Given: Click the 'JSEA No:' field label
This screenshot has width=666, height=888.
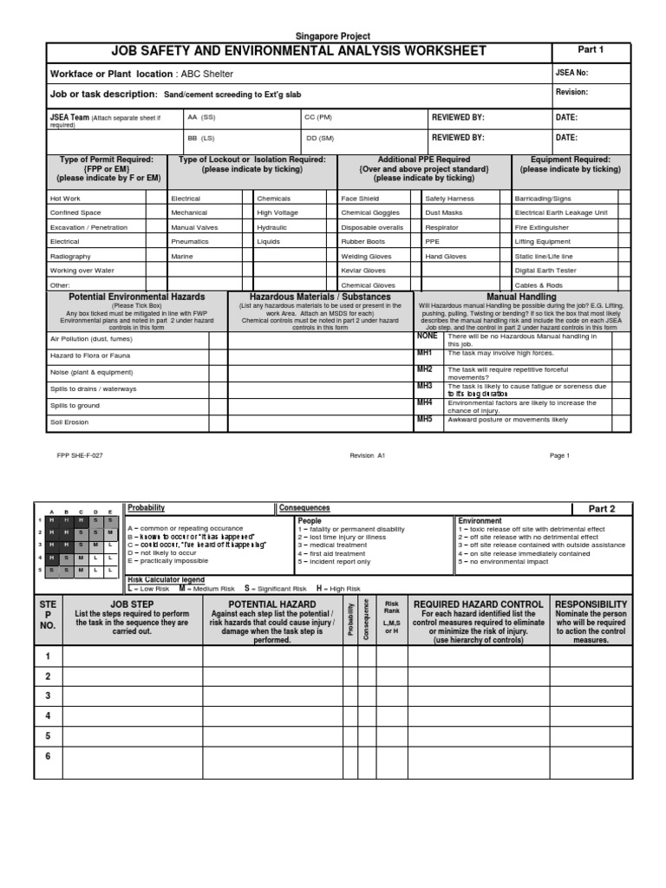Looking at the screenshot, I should point(571,73).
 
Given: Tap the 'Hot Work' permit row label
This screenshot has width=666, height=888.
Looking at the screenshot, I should point(66,199).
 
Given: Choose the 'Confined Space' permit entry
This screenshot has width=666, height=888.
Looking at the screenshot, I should point(75,212).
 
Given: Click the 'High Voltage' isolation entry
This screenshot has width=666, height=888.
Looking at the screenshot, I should point(277,212).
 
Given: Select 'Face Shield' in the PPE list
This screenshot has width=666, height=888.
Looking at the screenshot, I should point(360,199).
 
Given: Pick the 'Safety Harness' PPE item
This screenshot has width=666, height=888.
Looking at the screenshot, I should point(448,199).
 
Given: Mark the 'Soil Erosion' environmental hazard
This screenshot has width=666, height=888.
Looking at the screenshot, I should point(69,422).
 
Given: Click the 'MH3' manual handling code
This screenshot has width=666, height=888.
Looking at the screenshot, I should point(424,386).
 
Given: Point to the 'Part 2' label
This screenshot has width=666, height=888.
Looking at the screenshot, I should point(602,509).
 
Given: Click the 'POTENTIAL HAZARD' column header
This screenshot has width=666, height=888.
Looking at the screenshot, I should point(271,604).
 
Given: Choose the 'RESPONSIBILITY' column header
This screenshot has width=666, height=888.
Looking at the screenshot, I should point(591,604).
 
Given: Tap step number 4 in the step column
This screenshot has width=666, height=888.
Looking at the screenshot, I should point(49,716).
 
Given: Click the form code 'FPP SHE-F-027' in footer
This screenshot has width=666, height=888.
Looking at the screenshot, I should point(80,455).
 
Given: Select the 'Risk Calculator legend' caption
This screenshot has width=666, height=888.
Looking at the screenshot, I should point(166,578).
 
